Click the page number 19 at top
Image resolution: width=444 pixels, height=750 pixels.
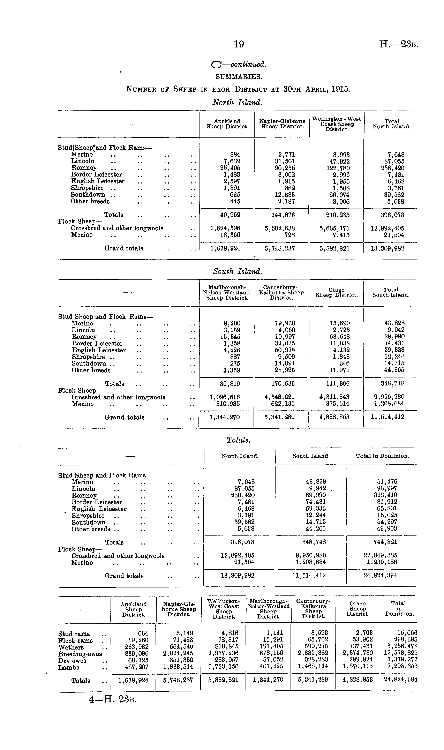(239, 44)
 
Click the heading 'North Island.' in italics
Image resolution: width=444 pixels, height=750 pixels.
(237, 103)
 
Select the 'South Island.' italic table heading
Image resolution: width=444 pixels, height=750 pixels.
(238, 271)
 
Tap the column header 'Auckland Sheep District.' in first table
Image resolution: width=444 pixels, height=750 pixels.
(227, 124)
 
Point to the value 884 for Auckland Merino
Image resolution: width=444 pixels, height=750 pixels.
(235, 155)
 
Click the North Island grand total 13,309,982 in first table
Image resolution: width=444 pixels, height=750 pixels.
(387, 248)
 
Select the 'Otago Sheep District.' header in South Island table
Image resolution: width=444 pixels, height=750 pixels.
(337, 292)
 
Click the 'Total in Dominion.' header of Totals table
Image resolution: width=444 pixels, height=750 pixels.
(382, 456)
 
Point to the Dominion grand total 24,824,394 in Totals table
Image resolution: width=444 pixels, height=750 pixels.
(380, 575)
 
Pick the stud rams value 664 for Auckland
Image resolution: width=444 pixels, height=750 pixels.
(143, 633)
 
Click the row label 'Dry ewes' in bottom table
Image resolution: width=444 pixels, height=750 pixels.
(72, 661)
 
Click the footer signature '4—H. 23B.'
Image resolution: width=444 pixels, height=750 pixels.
(113, 700)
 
